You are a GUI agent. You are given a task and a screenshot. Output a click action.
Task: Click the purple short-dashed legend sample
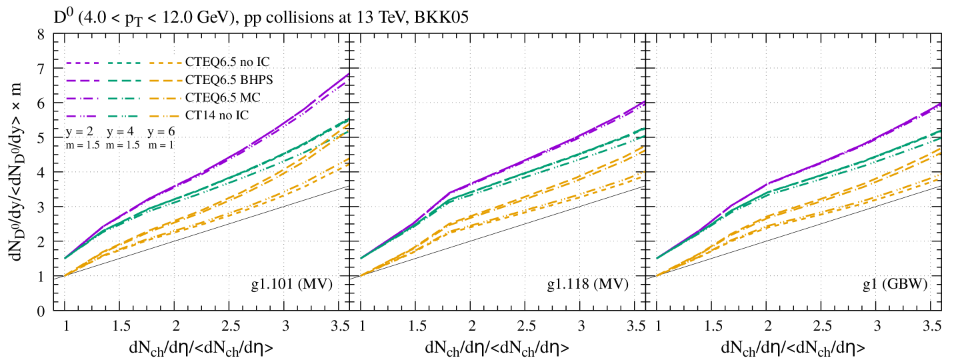pyautogui.click(x=82, y=63)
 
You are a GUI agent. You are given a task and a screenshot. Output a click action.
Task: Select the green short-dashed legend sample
pyautogui.click(x=124, y=63)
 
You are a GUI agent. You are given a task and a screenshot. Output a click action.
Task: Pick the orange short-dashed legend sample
pyautogui.click(x=165, y=63)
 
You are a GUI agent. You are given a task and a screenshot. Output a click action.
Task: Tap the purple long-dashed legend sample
pyautogui.click(x=82, y=81)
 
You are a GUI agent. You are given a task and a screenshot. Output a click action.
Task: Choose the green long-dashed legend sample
pyautogui.click(x=124, y=81)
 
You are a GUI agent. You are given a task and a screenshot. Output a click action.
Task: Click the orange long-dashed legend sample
pyautogui.click(x=165, y=81)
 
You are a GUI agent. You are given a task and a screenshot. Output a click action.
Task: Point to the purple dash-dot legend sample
pyautogui.click(x=82, y=99)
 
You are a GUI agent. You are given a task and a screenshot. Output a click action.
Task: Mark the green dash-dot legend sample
pyautogui.click(x=124, y=99)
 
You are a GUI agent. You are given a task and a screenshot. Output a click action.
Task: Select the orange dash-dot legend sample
pyautogui.click(x=165, y=99)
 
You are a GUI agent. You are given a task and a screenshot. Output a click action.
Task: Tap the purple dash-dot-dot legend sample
pyautogui.click(x=82, y=116)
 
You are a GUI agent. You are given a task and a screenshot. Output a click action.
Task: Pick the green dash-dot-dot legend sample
pyautogui.click(x=124, y=116)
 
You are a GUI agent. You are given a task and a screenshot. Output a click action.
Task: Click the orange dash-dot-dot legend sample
pyautogui.click(x=165, y=116)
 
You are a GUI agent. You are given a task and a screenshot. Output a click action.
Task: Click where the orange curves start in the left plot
pyautogui.click(x=65, y=275)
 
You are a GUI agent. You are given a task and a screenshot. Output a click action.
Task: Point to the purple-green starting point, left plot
pyautogui.click(x=65, y=257)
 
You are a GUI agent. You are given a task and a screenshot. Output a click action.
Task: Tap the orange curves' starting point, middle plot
pyautogui.click(x=361, y=275)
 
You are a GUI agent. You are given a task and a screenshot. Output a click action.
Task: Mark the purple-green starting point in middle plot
pyautogui.click(x=361, y=257)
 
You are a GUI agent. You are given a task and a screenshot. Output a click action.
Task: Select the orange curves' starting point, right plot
pyautogui.click(x=657, y=275)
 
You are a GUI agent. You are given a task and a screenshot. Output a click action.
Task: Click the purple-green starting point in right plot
pyautogui.click(x=657, y=257)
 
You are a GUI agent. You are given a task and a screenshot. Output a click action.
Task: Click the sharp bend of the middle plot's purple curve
pyautogui.click(x=449, y=193)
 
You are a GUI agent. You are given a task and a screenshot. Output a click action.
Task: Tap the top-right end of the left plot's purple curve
pyautogui.click(x=349, y=74)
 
